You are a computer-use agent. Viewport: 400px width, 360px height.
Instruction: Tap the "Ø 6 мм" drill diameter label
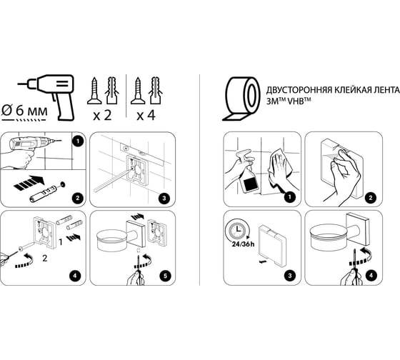point(24,111)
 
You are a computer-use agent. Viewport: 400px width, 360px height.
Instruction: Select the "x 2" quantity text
point(103,115)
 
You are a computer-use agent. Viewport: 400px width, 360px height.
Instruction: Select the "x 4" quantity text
point(146,115)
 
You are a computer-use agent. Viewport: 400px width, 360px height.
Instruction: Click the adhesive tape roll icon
point(241,98)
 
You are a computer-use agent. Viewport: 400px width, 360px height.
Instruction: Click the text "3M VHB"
point(289,101)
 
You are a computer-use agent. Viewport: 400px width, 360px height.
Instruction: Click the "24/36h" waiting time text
point(243,244)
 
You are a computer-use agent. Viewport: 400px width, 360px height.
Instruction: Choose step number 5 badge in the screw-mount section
point(165,276)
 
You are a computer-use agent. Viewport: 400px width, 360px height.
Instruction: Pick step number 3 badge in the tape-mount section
point(290,276)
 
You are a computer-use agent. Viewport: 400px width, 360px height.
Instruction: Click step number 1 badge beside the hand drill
point(78,141)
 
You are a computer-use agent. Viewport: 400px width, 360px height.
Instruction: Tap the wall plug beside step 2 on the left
point(44,194)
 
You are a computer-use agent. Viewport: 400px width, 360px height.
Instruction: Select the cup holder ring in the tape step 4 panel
point(330,239)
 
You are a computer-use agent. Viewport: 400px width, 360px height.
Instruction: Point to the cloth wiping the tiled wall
point(280,169)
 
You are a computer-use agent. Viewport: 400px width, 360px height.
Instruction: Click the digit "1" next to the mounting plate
point(61,242)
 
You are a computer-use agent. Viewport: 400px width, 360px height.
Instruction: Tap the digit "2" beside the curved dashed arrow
point(45,258)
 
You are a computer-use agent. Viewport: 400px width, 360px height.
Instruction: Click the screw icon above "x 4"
point(138,91)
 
